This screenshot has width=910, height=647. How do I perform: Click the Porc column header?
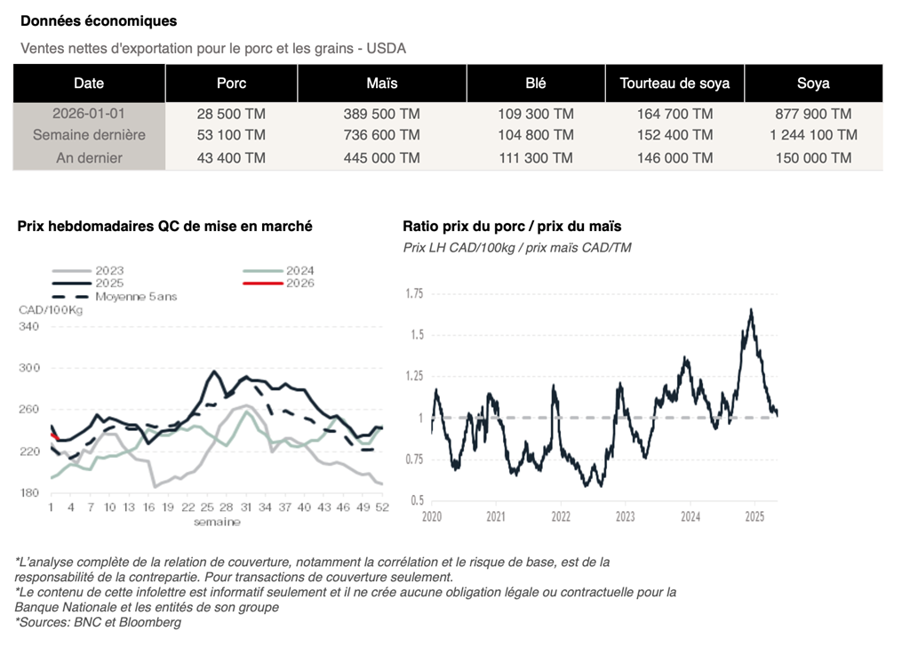[x=231, y=84]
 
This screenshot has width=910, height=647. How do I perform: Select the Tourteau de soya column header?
[x=675, y=84]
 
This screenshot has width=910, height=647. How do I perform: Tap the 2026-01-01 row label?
[x=89, y=114]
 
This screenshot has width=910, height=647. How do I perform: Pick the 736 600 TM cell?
[x=381, y=135]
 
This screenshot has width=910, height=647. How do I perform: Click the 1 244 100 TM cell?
[x=813, y=135]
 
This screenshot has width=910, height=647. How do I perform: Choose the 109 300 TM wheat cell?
[x=536, y=114]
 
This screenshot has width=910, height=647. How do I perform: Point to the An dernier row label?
[x=89, y=157]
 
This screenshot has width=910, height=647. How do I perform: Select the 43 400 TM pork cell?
[x=231, y=157]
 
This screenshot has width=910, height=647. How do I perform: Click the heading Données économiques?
[x=99, y=20]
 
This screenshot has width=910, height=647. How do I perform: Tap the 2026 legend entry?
[x=299, y=284]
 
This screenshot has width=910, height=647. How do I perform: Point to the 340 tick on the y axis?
[x=29, y=327]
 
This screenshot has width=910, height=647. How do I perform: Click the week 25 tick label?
[x=207, y=507]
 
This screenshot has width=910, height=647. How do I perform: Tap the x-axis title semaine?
[x=217, y=522]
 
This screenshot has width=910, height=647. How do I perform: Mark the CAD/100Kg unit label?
[x=51, y=309]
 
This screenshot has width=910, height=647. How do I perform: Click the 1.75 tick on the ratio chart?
[x=413, y=293]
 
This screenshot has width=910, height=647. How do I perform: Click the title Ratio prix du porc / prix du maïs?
[x=512, y=227]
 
